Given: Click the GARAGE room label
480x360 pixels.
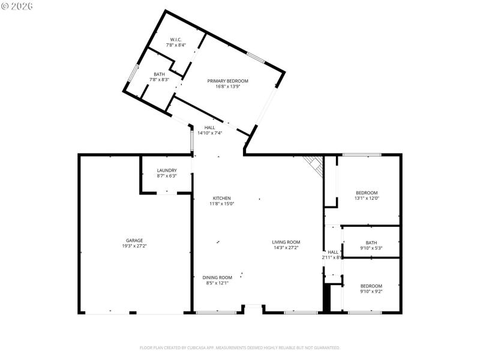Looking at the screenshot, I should (x=134, y=241).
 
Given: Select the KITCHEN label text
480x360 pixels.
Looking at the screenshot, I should (x=221, y=199).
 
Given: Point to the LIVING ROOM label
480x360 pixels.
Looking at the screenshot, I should (x=286, y=242).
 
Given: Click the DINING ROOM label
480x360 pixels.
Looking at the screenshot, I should (x=217, y=277).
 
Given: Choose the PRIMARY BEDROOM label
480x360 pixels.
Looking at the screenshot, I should (x=227, y=81).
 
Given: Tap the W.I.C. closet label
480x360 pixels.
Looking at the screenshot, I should (x=176, y=40).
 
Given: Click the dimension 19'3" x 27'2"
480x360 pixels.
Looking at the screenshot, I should (x=134, y=246).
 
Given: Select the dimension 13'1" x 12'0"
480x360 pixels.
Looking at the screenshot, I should (x=367, y=199).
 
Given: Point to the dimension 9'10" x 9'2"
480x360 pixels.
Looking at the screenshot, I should (x=371, y=292).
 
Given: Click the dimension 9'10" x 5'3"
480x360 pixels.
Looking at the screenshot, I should (x=371, y=248).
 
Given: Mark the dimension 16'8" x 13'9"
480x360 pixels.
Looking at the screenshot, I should (x=227, y=86).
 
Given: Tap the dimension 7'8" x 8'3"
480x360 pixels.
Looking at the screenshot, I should (x=159, y=80).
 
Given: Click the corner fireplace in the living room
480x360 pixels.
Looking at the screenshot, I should (x=314, y=164).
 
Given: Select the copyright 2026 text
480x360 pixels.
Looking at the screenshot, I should (x=17, y=6).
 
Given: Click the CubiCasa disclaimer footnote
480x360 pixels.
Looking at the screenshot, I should (x=239, y=347).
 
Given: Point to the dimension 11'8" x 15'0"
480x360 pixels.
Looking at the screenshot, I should (x=221, y=204).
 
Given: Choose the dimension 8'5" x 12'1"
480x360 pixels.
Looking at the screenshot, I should (x=217, y=283).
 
